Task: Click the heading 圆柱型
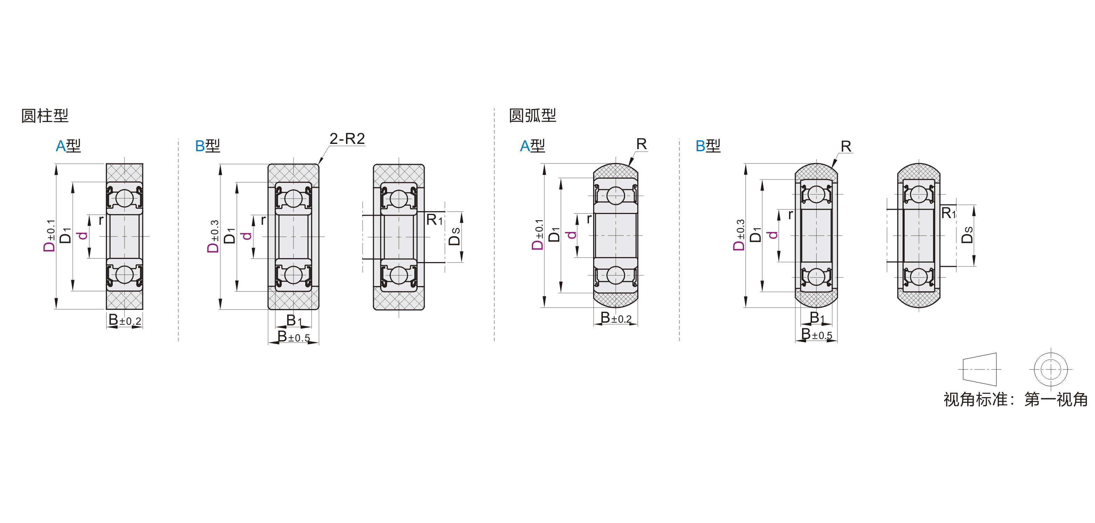(45, 116)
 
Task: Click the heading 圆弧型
(532, 115)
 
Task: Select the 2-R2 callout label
(347, 139)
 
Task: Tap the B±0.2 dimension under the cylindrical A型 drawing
(125, 320)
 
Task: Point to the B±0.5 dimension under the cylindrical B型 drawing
(294, 337)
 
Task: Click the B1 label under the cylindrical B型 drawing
(294, 320)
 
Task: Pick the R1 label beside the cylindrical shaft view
(434, 220)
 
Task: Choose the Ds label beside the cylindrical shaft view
(455, 236)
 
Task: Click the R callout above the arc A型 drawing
(641, 144)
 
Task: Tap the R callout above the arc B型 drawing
(846, 146)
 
